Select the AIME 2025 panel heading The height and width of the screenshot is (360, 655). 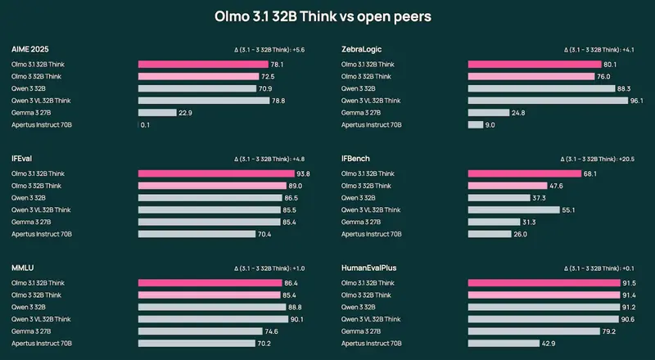(x=30, y=49)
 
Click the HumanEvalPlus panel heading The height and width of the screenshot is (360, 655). (x=367, y=268)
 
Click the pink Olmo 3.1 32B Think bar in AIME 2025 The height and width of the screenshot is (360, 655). (x=203, y=64)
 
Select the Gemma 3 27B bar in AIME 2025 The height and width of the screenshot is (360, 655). (x=157, y=112)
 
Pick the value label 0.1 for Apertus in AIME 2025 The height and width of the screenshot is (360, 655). (x=145, y=124)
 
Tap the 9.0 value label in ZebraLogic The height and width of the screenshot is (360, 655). (x=490, y=124)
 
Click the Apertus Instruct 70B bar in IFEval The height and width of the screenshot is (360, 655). (x=196, y=234)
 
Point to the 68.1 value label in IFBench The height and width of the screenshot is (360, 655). (x=589, y=173)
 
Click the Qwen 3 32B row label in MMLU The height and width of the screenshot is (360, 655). (x=29, y=307)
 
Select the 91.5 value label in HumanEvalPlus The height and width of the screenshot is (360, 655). (x=630, y=282)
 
